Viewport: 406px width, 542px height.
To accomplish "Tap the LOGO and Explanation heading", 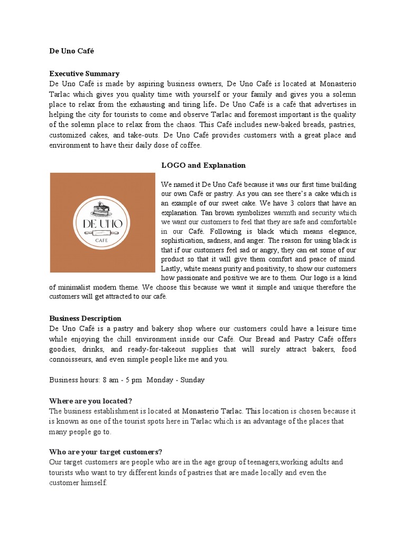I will [x=204, y=165].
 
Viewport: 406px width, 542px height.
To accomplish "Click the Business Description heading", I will [x=85, y=318].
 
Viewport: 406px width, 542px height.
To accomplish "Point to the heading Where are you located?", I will [x=90, y=400].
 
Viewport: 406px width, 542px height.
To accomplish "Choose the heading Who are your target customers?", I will [x=105, y=451].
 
